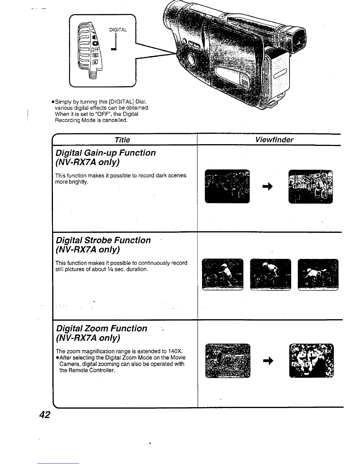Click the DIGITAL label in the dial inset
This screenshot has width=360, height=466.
coord(118,30)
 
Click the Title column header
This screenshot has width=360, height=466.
coord(122,140)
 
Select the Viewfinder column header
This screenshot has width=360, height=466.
coord(274,140)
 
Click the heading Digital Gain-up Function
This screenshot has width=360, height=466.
coord(106,153)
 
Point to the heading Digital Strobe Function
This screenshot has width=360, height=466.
coord(103,240)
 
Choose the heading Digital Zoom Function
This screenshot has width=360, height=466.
coord(101,328)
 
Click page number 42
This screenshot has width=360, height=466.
coord(45,415)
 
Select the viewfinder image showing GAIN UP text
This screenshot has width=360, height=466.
coord(311,187)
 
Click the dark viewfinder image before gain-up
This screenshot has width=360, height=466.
coord(227,187)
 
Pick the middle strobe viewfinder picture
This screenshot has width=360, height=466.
coord(270,274)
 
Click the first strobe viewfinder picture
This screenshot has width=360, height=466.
coord(223,274)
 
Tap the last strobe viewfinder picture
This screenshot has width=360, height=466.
coord(318,274)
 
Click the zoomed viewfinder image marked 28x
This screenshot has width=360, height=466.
coord(311,360)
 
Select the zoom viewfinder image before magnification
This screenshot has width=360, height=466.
coord(228,360)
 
